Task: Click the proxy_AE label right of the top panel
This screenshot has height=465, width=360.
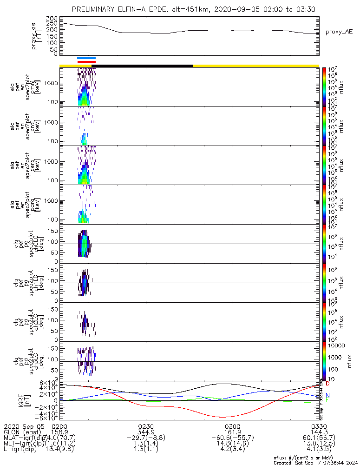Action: (x=340, y=32)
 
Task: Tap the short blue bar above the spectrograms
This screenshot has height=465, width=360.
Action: (x=86, y=58)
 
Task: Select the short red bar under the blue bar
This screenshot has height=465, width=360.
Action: (x=86, y=62)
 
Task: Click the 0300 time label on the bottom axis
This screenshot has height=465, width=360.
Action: (x=232, y=426)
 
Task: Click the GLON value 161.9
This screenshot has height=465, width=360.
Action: (x=232, y=432)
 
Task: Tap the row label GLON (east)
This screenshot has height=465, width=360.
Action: (x=20, y=432)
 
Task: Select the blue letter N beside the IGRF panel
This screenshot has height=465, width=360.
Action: (x=327, y=395)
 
